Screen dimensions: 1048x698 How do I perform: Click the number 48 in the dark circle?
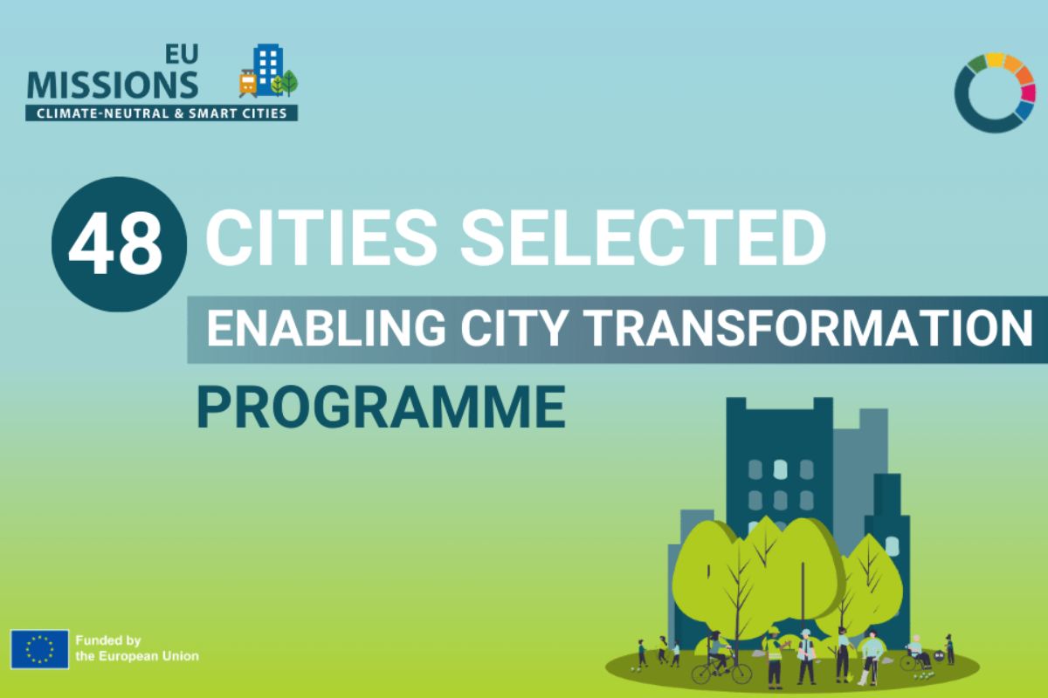click(115, 243)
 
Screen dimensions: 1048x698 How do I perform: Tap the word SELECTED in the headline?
click(644, 237)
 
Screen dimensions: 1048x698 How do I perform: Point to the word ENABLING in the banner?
click(326, 328)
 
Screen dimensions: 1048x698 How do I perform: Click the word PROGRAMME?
click(382, 407)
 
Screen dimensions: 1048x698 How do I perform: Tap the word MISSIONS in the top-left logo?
click(113, 85)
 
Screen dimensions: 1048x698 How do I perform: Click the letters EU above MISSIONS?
click(182, 54)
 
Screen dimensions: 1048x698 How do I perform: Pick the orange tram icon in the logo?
click(247, 83)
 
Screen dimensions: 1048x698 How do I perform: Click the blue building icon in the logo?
click(268, 69)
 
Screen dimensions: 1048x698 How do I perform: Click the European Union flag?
click(40, 649)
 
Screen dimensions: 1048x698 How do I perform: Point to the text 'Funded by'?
click(108, 640)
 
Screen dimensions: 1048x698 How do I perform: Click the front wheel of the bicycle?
click(741, 674)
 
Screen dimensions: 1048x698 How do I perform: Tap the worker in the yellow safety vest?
click(773, 658)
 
